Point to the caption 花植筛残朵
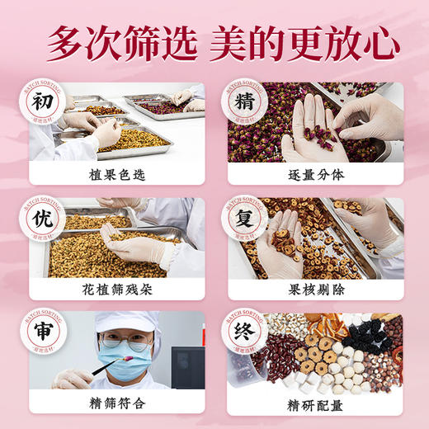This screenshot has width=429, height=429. [116, 288]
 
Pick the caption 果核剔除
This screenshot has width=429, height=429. [314, 288]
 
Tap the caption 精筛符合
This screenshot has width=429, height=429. [116, 402]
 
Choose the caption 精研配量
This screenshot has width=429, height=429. [314, 402]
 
